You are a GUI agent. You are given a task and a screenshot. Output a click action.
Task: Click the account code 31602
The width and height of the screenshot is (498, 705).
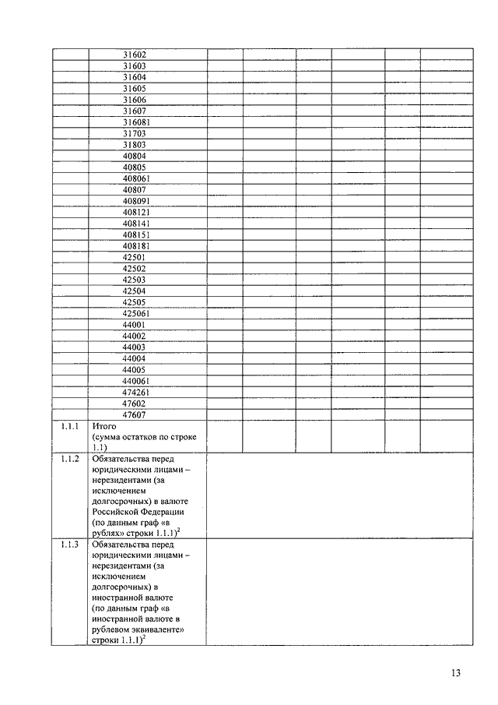point(135,55)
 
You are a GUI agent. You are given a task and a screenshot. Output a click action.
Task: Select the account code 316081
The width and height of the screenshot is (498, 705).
point(137,122)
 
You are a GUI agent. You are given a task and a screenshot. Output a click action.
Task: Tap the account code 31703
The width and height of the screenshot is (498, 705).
point(135,133)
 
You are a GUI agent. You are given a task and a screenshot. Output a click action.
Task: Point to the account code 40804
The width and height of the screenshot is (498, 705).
point(135,156)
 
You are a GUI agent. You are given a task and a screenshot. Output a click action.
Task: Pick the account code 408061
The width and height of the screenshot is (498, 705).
point(137,178)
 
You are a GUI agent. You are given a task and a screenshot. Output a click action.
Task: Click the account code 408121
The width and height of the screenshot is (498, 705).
point(137,212)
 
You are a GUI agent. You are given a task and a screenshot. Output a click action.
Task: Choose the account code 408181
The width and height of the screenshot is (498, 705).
point(137,246)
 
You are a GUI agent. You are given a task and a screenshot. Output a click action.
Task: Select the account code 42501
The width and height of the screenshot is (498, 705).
point(135,257)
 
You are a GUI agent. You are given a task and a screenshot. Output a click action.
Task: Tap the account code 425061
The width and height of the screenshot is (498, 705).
point(137,313)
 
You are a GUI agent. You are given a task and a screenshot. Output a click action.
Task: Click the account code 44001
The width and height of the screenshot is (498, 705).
point(135,325)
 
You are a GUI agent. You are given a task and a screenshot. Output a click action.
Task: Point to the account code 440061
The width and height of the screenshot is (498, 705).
point(137,381)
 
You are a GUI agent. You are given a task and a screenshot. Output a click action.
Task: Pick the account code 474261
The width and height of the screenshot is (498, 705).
point(137,392)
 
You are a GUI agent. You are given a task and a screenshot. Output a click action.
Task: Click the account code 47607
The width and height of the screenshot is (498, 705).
point(135,414)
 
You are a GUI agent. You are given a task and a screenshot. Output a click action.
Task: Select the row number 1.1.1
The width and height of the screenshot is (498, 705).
point(70,427)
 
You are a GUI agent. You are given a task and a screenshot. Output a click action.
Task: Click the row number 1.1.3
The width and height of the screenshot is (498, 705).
point(70,544)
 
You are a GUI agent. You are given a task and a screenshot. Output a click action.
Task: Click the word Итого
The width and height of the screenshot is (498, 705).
point(104,427)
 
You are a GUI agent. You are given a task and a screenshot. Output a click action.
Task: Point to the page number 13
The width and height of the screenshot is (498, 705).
point(456,674)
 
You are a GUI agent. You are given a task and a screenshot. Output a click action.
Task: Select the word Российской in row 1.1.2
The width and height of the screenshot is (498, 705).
point(116,512)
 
